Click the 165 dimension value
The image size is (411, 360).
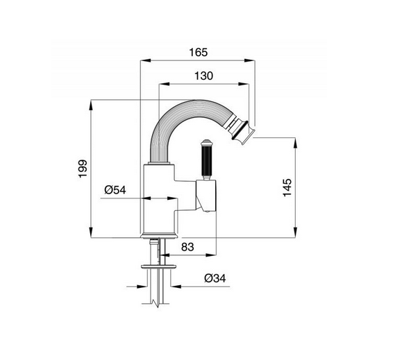point(199,52)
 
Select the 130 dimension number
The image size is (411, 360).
point(203,76)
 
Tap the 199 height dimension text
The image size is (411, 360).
point(83,169)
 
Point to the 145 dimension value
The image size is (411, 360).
point(287,187)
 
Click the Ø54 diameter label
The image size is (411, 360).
point(115,190)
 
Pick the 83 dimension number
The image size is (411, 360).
point(187,247)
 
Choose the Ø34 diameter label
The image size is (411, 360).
point(215,278)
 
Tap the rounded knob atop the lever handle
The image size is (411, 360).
point(206,143)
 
